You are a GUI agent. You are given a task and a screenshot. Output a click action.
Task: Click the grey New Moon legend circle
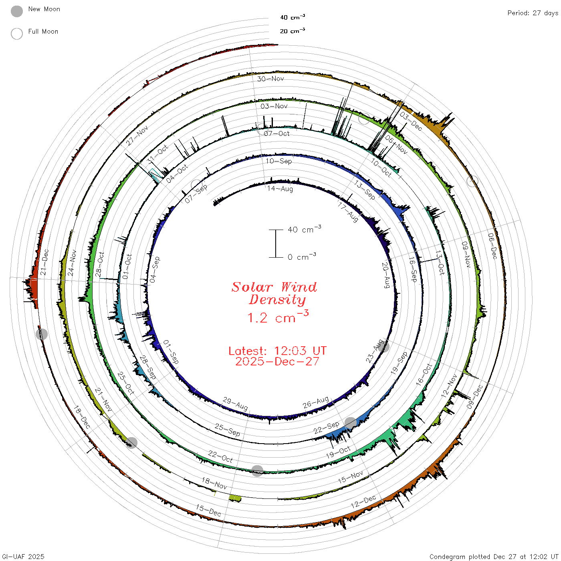coord(16,11)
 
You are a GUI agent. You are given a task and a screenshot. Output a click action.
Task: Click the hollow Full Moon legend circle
coord(16,34)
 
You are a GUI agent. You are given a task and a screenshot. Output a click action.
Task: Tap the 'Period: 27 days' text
coord(533,13)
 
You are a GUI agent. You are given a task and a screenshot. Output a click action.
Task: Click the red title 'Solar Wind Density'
coord(274,293)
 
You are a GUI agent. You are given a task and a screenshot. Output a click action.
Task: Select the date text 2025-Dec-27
coord(277,361)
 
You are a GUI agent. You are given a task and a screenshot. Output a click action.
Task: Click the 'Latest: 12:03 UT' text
coord(277,351)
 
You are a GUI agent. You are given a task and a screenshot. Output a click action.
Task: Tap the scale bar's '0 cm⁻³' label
coord(302,256)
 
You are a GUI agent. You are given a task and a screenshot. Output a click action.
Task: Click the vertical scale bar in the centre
coord(276,243)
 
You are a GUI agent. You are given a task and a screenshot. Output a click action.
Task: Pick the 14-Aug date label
coord(280,189)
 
